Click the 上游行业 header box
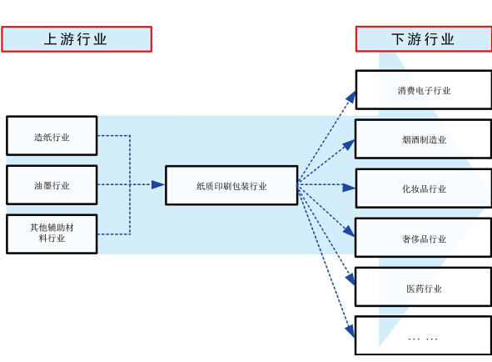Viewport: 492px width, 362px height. coord(77,39)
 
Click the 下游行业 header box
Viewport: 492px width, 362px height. coord(424,39)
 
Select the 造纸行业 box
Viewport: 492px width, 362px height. coord(52,136)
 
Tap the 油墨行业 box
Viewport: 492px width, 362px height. coord(52,185)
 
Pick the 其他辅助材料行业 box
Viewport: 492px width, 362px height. coord(52,234)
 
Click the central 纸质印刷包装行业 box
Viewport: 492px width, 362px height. coord(231,185)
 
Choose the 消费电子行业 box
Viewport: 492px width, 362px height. coord(424,90)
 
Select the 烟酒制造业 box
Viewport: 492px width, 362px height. coord(424,139)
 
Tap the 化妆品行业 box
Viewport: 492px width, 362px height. coord(424,189)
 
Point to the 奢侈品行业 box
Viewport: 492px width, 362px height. coord(424,238)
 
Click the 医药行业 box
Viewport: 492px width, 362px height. coord(424,287)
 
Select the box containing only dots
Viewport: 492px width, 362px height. coord(424,335)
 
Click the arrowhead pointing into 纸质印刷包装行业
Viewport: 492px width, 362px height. coord(158,184)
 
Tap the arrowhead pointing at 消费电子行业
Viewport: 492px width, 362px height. coord(351,97)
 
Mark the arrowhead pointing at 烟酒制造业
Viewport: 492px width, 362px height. coord(349,144)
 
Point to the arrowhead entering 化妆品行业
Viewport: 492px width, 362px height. coord(349,188)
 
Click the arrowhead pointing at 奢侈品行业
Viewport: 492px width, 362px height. coord(349,231)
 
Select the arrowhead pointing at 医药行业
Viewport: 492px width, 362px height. coord(350,279)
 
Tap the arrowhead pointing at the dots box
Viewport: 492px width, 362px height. coord(350,331)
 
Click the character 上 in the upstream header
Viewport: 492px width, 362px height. coord(50,39)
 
